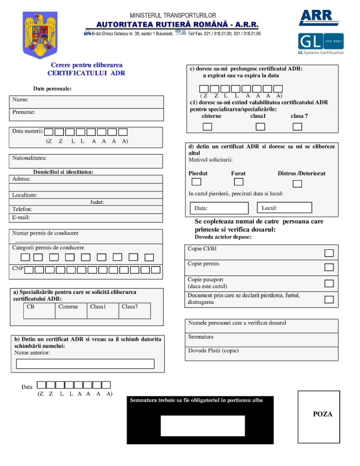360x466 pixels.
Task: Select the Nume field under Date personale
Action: click(x=87, y=100)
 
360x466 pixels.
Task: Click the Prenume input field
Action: click(x=87, y=113)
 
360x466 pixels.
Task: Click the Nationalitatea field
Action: click(x=87, y=159)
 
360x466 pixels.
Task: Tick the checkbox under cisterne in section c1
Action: click(x=207, y=127)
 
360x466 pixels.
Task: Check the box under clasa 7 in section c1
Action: click(x=297, y=127)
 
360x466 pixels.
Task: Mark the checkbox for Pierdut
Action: click(x=197, y=182)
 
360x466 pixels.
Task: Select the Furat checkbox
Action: click(x=238, y=182)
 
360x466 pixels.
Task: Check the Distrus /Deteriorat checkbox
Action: click(x=297, y=184)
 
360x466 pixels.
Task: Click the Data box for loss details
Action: click(x=219, y=208)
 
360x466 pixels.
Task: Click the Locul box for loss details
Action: click(x=285, y=207)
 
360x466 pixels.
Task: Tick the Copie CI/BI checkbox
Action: click(x=329, y=253)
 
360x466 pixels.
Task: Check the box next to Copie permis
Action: click(x=329, y=267)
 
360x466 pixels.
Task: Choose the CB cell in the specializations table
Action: click(x=39, y=311)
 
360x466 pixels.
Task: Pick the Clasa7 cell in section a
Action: click(x=134, y=311)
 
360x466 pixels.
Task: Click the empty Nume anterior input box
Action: click(x=85, y=364)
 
